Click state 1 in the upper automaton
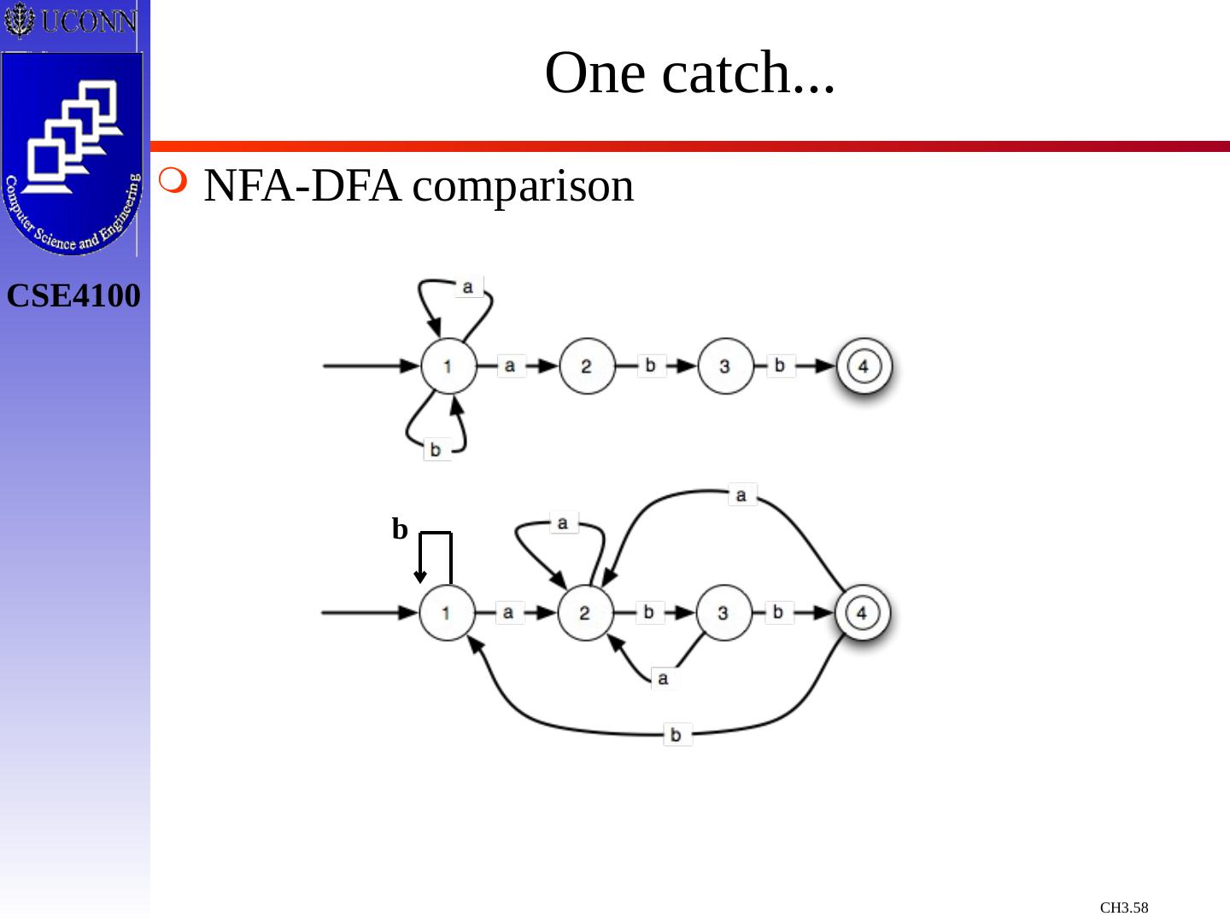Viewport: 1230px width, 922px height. [x=448, y=366]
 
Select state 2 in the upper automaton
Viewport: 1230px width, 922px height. [x=587, y=366]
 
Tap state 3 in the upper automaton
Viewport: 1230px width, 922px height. [x=725, y=366]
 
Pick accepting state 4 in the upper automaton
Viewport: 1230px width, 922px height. [x=864, y=366]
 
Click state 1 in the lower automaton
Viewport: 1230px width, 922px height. [x=447, y=612]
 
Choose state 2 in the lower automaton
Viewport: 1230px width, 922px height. [x=585, y=612]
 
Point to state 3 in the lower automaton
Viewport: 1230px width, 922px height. [x=723, y=612]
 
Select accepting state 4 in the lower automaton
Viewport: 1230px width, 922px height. [x=862, y=612]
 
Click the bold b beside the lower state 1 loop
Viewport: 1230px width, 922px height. [x=400, y=529]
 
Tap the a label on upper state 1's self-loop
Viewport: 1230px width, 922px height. [x=467, y=287]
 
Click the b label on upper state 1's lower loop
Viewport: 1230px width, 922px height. [x=436, y=449]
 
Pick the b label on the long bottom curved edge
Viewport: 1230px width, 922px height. [x=676, y=734]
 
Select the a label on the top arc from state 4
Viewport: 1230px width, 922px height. [x=741, y=495]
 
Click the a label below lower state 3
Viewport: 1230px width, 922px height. [x=663, y=679]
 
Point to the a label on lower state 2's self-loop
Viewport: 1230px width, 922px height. [x=562, y=522]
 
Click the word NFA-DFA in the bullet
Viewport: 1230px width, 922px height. [x=302, y=186]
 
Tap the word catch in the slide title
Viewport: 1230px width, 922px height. [x=726, y=73]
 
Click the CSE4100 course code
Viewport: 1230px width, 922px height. [x=73, y=296]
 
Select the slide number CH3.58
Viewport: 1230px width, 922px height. [x=1123, y=907]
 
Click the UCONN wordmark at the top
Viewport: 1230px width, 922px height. [x=88, y=20]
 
